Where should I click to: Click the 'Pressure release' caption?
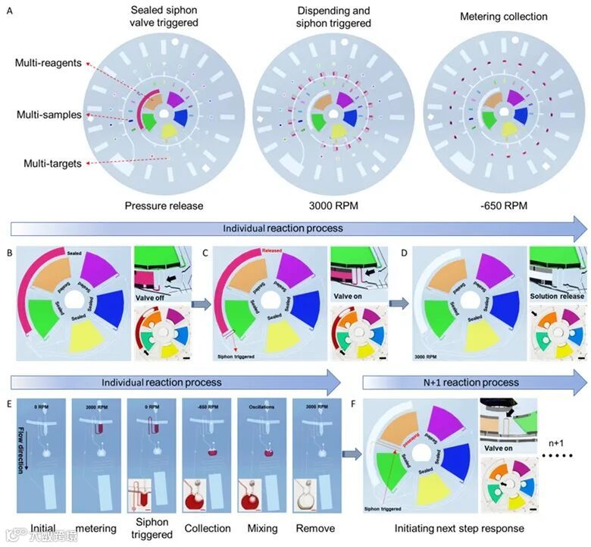(164, 205)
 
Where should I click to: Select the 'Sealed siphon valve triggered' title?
(164, 16)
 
